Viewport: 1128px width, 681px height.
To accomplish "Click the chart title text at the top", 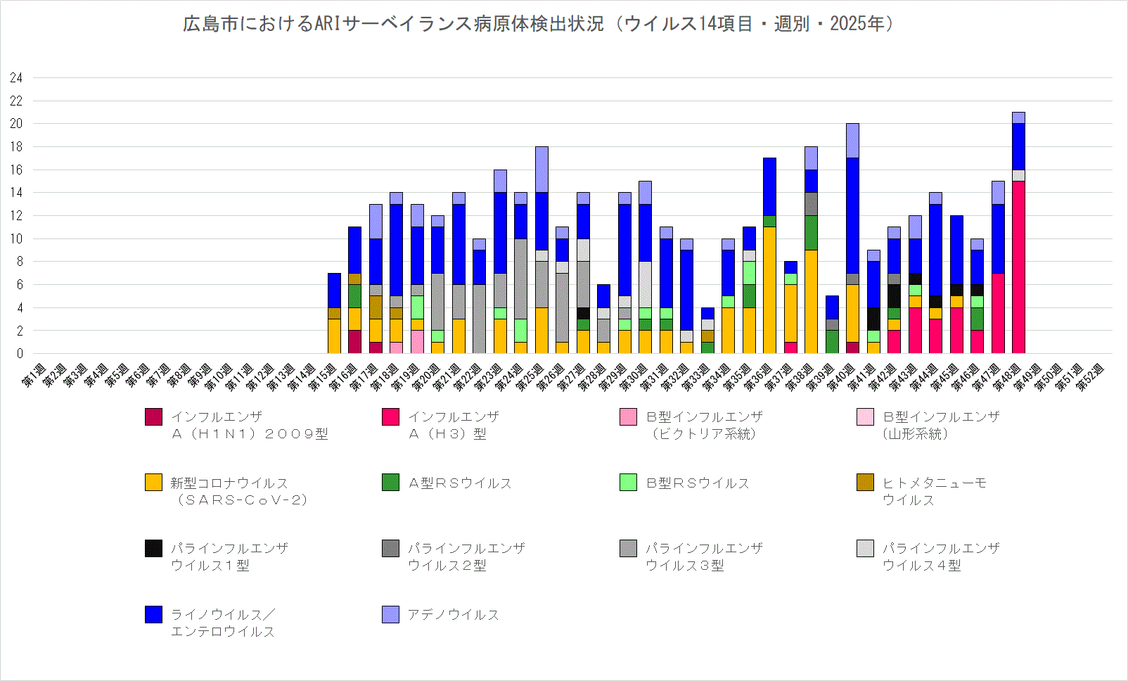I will coord(538,24).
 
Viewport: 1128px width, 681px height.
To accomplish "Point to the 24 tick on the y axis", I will coord(16,78).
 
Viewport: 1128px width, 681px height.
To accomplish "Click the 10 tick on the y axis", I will coord(16,239).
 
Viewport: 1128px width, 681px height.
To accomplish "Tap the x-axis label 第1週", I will coord(34,376).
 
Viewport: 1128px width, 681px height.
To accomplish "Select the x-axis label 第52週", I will coord(1090,376).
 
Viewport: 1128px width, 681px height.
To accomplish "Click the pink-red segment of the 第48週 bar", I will coord(1018,267).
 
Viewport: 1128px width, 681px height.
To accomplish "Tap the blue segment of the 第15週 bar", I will coord(334,290).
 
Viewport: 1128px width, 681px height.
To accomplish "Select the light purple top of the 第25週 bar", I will coord(541,170).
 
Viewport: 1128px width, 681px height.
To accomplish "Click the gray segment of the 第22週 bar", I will coord(479,319).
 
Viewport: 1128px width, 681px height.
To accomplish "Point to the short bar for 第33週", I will coord(707,331).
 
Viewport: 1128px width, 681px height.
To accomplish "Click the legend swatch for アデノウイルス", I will coord(390,614).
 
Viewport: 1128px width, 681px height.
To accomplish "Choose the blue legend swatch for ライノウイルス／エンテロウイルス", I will coord(153,614).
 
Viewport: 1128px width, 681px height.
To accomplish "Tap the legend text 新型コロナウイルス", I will coord(229,483).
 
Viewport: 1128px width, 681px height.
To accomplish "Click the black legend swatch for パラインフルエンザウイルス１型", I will coord(153,548).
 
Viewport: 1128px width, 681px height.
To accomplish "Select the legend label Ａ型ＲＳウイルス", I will coord(460,483).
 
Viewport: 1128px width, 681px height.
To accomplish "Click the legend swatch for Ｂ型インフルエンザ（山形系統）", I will coord(865,416).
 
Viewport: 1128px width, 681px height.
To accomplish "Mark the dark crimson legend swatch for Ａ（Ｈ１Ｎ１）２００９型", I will coord(153,416).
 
